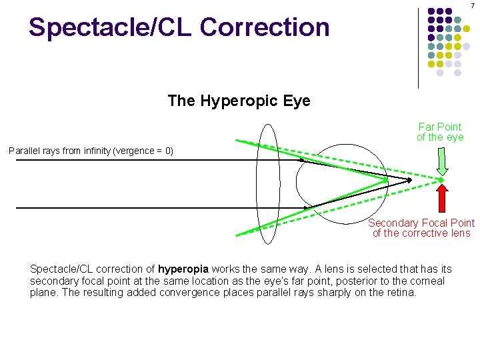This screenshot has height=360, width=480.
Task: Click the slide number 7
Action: (473, 5)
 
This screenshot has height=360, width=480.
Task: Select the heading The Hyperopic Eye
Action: (239, 101)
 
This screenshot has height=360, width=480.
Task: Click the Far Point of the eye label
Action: (439, 132)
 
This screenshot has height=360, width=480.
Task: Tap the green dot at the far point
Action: (441, 180)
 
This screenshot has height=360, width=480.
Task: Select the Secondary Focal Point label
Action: (421, 228)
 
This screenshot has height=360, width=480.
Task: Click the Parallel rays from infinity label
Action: (91, 151)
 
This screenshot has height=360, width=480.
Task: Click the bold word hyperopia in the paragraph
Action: (183, 269)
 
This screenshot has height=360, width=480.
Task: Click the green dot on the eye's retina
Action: (385, 180)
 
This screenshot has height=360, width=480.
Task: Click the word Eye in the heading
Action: (297, 101)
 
